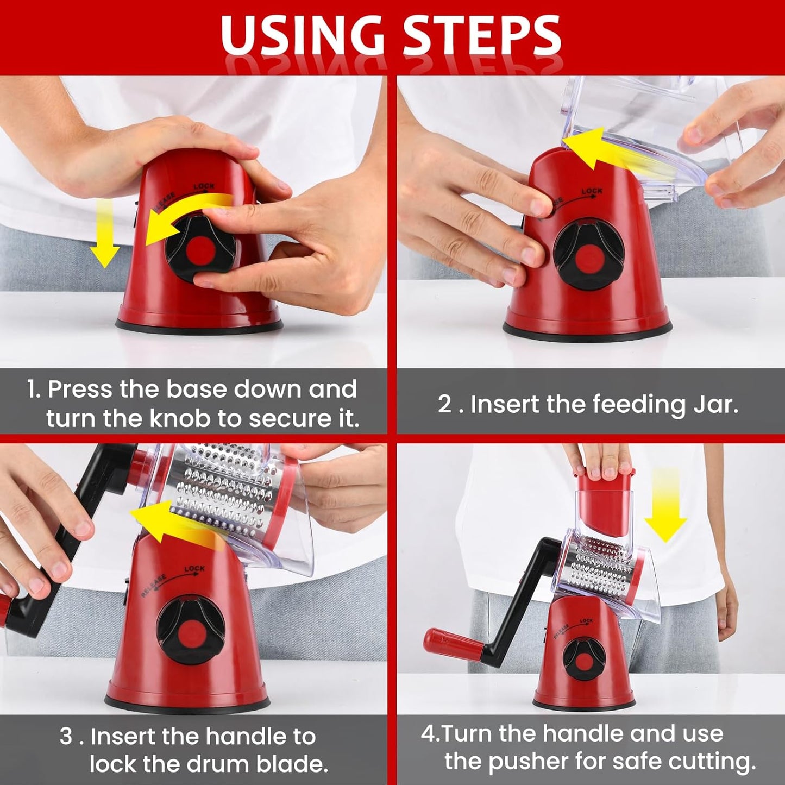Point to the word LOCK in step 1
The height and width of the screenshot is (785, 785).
(204, 187)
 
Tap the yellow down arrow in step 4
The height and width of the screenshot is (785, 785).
(665, 505)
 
